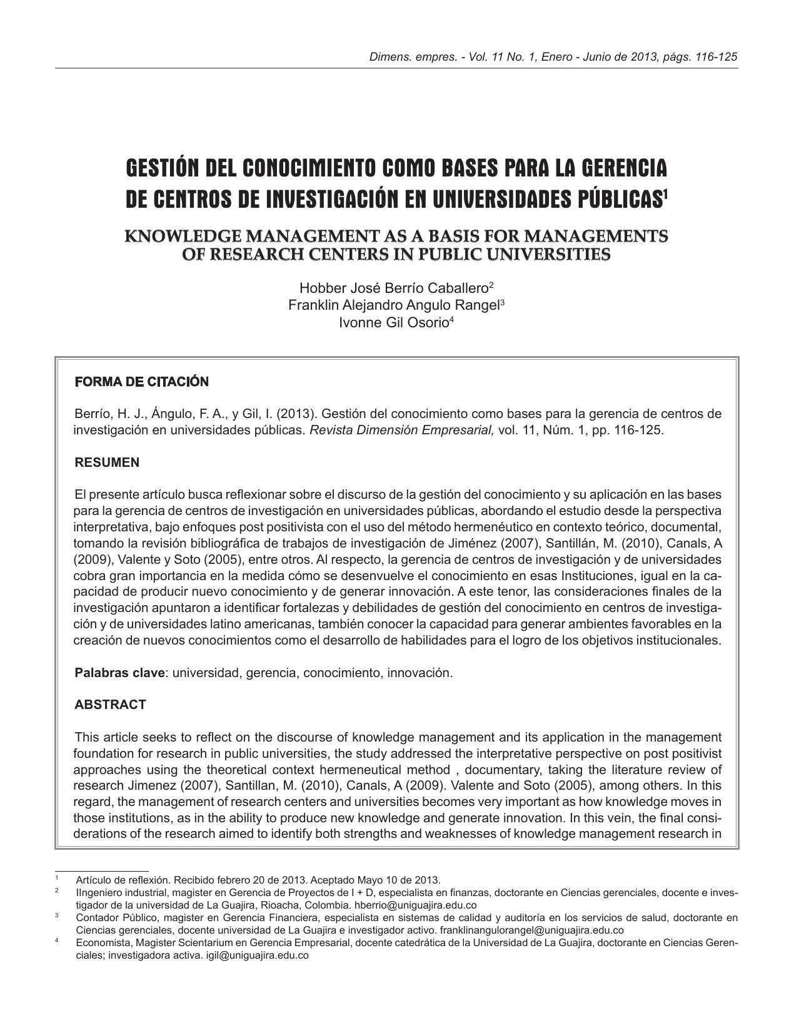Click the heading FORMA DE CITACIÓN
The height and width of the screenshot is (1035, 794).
tap(141, 382)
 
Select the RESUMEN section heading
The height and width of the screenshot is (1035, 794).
tap(107, 462)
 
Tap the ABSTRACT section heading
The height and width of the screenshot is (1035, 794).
tap(110, 705)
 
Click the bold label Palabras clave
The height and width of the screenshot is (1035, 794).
tap(120, 673)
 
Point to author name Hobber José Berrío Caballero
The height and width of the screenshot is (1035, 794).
tap(393, 288)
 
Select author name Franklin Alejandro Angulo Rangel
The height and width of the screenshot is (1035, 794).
tap(393, 305)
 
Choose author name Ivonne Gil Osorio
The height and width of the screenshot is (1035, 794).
tap(393, 323)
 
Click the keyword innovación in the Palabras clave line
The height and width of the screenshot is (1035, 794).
tap(420, 673)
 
